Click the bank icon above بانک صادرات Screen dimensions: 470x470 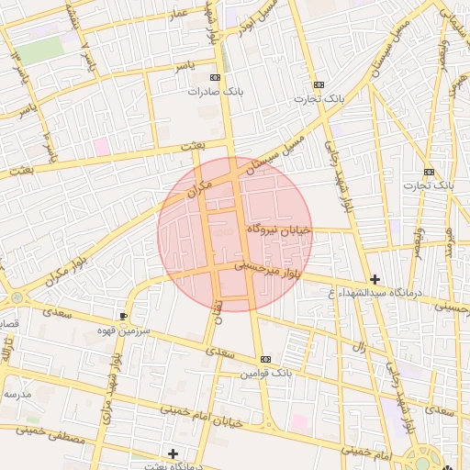click(215, 79)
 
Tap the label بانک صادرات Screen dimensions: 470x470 click(212, 92)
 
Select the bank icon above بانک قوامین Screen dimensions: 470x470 click(265, 359)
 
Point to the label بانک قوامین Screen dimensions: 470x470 click(266, 373)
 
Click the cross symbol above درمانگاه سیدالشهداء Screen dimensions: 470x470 click(375, 279)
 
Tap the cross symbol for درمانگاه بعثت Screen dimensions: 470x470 click(173, 453)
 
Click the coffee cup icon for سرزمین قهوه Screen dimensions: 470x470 click(124, 316)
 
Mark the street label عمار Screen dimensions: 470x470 click(177, 13)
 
